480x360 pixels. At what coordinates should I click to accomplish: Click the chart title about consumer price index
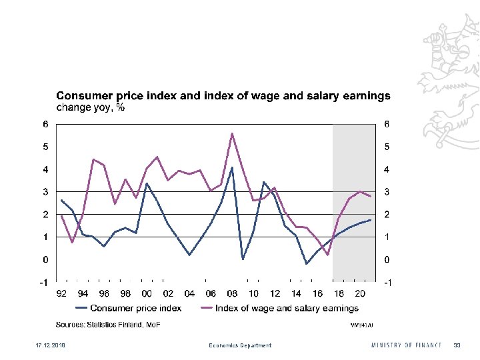tap(223, 96)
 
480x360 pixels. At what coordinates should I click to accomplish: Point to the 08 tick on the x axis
tap(232, 294)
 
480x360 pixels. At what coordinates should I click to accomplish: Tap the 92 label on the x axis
tap(61, 294)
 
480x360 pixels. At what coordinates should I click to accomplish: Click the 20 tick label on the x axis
tap(360, 294)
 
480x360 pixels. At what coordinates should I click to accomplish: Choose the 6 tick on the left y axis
tap(45, 124)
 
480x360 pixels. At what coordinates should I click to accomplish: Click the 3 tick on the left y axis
tap(45, 192)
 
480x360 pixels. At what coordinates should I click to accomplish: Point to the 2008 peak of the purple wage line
tap(232, 133)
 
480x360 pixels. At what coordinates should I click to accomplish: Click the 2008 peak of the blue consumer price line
tap(232, 167)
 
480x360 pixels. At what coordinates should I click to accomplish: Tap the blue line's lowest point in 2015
tap(307, 264)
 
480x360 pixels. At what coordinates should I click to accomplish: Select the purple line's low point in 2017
tap(328, 255)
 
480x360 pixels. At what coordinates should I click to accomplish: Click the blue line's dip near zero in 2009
tap(243, 259)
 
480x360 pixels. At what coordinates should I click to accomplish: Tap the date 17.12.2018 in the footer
tap(42, 345)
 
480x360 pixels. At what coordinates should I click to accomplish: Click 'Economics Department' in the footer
tap(240, 345)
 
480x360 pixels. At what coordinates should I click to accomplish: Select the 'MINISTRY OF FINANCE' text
tap(406, 345)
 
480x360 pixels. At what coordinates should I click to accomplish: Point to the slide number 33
tap(457, 345)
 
